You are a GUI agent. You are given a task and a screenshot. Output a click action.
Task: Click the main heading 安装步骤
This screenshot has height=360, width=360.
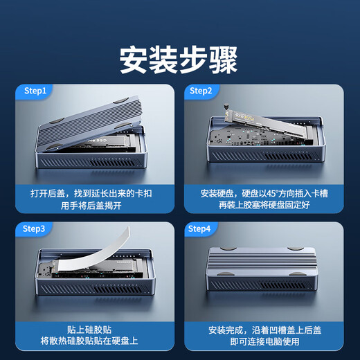[x=179, y=60]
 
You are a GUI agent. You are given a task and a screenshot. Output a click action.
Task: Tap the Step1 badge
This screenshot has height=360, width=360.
[x=35, y=91]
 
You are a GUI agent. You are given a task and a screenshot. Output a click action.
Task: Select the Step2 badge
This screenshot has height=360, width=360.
[x=200, y=91]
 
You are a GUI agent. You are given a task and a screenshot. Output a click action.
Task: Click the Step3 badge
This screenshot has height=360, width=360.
[x=35, y=228]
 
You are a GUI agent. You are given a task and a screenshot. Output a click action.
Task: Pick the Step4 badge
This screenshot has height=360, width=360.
[x=200, y=228]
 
